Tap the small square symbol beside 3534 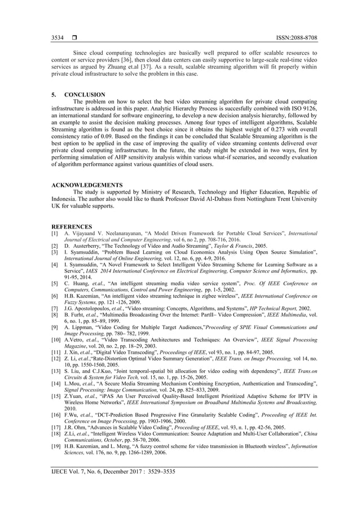[x=74, y=38]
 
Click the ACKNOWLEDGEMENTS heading [x=87, y=185]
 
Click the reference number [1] [x=55, y=233]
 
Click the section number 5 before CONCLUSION [x=54, y=95]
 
